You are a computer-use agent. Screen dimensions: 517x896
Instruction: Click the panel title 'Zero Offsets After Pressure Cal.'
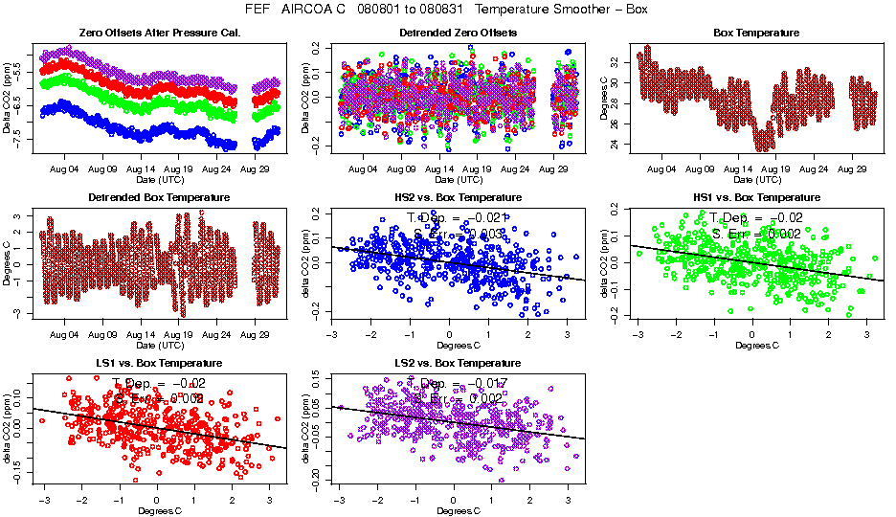tap(160, 33)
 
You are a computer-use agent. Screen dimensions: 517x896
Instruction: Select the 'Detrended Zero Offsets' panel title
tap(459, 33)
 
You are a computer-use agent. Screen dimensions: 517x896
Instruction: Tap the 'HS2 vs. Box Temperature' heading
tap(459, 197)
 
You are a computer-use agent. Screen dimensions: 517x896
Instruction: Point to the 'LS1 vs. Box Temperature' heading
tap(160, 364)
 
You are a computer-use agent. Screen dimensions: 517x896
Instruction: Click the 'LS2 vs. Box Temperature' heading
tap(459, 364)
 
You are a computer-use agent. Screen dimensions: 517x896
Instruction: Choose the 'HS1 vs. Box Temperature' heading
tap(757, 197)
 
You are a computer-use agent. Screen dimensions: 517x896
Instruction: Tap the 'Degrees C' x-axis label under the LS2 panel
tap(458, 510)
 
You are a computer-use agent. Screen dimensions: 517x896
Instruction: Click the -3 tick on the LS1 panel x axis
tap(44, 500)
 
